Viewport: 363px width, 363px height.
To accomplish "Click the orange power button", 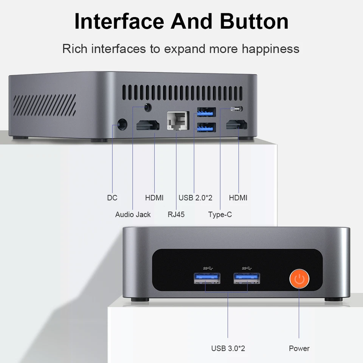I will [x=299, y=279].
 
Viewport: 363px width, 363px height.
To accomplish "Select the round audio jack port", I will [x=148, y=107].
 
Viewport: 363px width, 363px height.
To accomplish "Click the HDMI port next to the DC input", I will [x=148, y=125].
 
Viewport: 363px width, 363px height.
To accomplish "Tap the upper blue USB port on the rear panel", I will [x=206, y=112].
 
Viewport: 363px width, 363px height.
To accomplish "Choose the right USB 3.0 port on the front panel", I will [x=247, y=278].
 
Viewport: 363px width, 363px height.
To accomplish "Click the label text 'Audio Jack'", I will [x=133, y=215].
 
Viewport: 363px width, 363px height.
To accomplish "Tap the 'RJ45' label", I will [x=176, y=215].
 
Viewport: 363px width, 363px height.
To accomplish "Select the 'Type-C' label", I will [x=220, y=215].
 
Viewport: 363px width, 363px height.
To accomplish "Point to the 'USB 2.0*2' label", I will [x=195, y=198].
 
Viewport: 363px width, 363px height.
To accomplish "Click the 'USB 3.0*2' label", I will [x=228, y=348].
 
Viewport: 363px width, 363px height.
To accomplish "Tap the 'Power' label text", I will [x=299, y=348].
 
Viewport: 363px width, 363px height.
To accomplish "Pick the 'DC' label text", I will [x=112, y=198].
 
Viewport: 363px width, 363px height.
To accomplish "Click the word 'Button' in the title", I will [x=254, y=22].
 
